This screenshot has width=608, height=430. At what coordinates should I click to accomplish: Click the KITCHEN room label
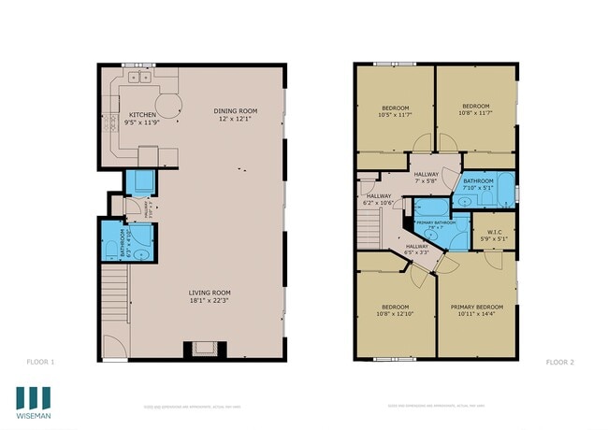coord(143,115)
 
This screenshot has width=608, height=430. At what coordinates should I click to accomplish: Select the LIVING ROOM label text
coord(208,292)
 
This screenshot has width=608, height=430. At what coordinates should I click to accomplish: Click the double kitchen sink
coord(141,78)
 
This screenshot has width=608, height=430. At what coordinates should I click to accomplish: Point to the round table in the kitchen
coord(168,102)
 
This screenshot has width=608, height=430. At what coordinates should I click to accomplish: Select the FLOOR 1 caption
coord(41,361)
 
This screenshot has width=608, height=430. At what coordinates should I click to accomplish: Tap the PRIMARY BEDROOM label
coord(476,307)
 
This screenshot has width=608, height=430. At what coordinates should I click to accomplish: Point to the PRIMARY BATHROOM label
coord(436,222)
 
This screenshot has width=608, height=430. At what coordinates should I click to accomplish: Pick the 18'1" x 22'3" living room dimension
coord(208,300)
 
